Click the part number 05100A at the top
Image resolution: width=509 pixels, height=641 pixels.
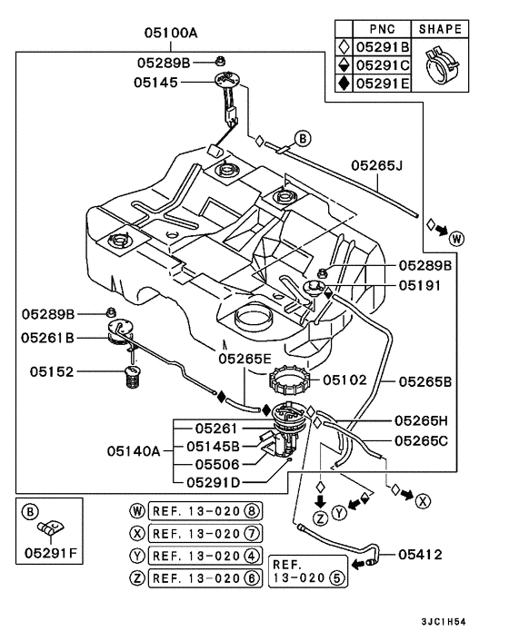170,34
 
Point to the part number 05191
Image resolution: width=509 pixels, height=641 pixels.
421,284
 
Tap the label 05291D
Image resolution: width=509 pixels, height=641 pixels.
215,482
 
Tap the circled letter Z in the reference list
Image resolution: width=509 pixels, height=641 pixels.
137,578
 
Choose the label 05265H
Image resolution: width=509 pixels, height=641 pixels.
422,421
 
